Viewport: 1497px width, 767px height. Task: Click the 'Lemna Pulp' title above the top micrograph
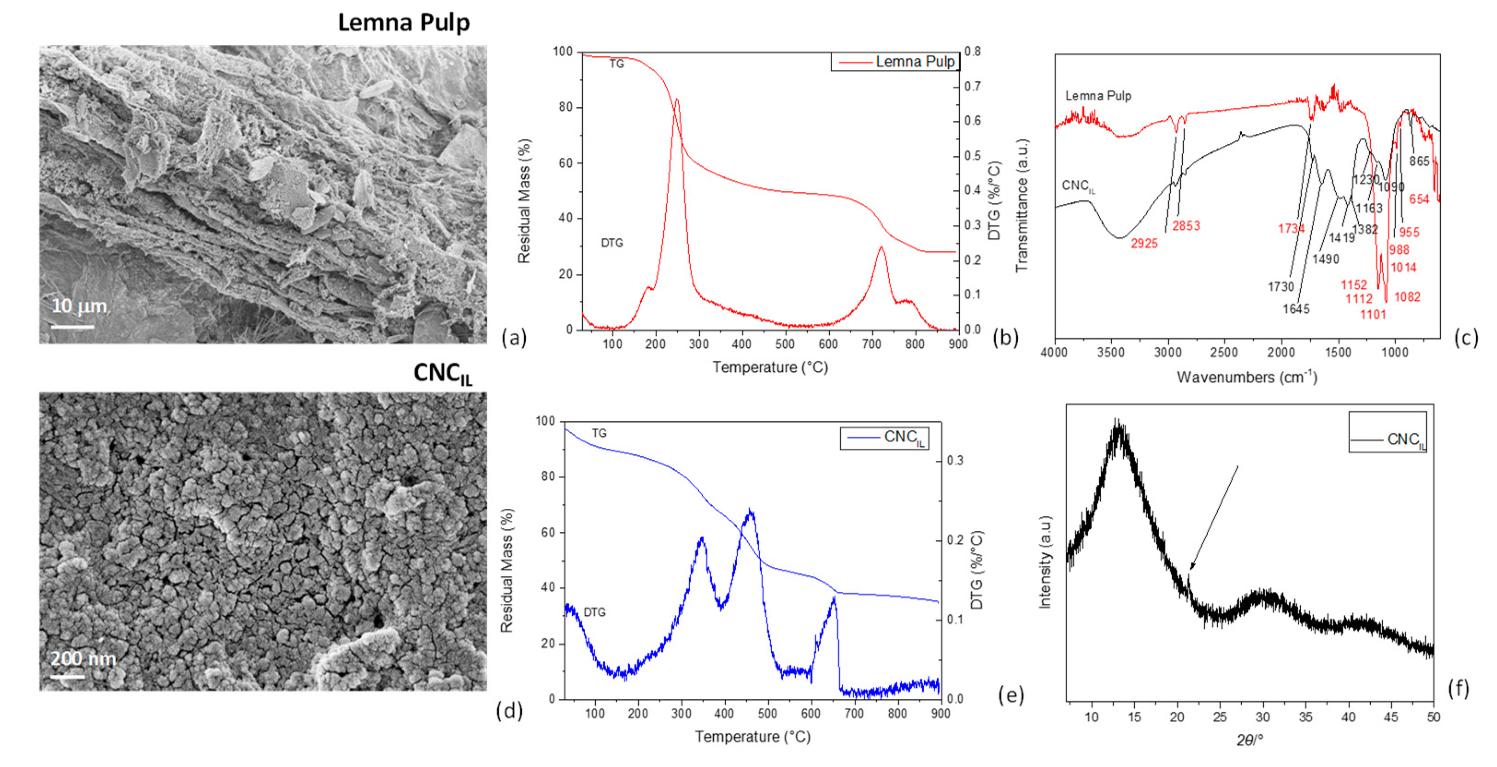point(404,23)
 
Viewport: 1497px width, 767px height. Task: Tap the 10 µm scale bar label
point(80,306)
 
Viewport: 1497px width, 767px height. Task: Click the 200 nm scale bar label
point(83,659)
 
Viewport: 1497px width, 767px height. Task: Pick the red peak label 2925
point(1144,244)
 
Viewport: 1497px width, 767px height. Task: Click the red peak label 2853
point(1186,226)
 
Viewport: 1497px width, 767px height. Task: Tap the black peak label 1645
point(1296,309)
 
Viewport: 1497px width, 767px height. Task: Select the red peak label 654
point(1419,199)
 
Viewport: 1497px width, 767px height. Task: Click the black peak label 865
point(1419,161)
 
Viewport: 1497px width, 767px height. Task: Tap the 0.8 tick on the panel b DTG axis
point(972,52)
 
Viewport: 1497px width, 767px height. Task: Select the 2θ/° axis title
point(1250,740)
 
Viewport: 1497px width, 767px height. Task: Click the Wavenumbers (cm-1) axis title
point(1246,377)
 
